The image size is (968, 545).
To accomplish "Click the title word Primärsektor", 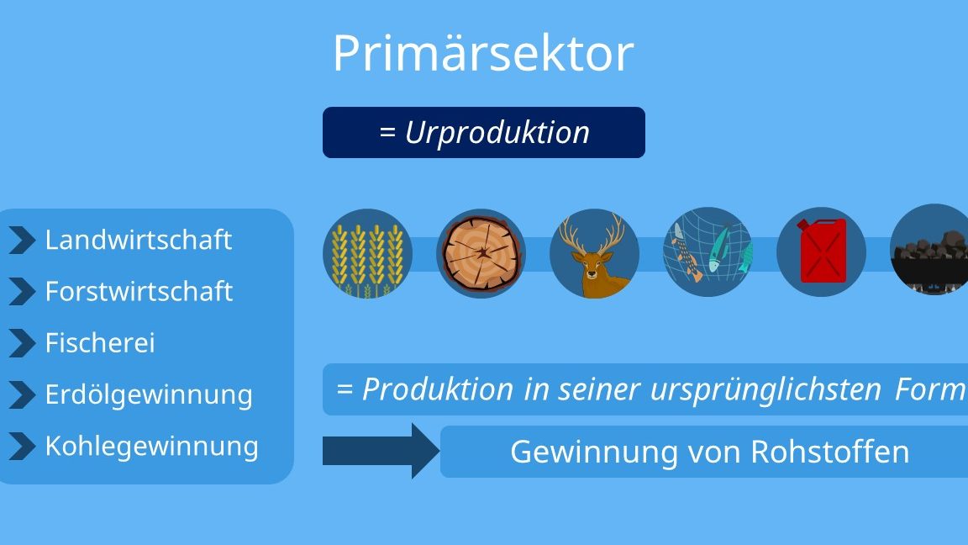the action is click(483, 53).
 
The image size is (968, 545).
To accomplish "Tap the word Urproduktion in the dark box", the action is click(497, 133).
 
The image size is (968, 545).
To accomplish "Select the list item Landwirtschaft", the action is click(139, 240).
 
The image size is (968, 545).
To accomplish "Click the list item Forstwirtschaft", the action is click(139, 291).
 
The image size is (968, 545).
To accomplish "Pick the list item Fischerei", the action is click(100, 343).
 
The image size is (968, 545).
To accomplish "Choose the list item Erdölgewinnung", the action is click(149, 395).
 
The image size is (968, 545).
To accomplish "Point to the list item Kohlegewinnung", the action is click(152, 447).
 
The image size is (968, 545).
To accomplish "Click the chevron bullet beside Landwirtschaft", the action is click(22, 241).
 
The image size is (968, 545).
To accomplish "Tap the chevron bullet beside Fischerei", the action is click(22, 343).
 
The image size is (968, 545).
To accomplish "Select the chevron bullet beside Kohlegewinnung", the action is click(22, 447).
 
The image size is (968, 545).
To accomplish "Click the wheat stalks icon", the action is click(367, 253).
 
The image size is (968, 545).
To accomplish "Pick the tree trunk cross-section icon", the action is click(481, 253).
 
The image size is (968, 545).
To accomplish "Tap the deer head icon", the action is click(595, 253).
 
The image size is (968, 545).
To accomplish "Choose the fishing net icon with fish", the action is click(708, 252).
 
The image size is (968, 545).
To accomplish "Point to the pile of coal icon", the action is click(929, 250).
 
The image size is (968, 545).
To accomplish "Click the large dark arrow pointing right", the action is click(381, 451).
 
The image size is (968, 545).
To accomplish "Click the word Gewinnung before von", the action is click(594, 452).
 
